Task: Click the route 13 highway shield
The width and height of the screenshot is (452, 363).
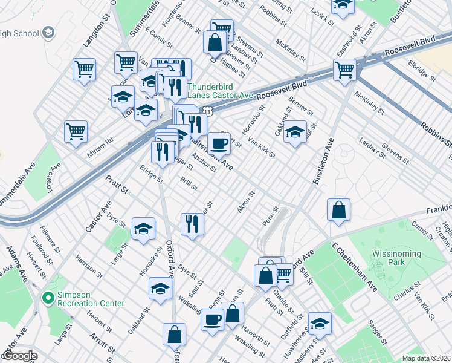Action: point(207,112)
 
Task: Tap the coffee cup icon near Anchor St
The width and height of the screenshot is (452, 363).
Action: point(219,144)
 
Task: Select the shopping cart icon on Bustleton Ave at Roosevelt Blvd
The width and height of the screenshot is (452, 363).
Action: point(344,69)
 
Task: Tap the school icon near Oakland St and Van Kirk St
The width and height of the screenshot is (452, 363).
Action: point(295,132)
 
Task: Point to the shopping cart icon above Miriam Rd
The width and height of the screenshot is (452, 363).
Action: point(76,131)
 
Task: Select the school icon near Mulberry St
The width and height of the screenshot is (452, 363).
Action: point(320,324)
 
